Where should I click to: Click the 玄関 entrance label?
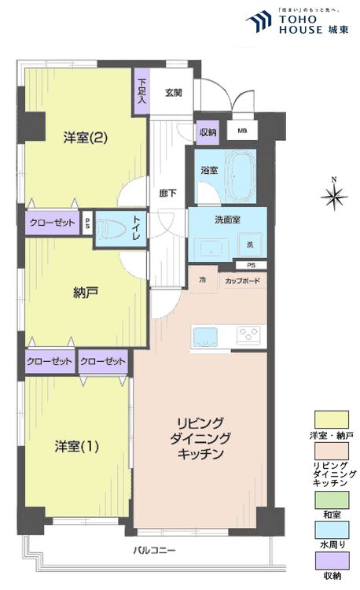tap(174, 93)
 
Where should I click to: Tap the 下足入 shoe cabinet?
tap(141, 92)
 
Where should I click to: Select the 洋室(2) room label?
tap(86, 138)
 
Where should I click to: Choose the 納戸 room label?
tap(86, 293)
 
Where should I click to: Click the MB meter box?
tap(241, 132)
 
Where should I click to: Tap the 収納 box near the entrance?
tap(208, 132)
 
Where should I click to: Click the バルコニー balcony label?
tap(154, 549)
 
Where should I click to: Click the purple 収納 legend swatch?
tap(332, 561)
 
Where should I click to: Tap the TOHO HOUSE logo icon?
tap(258, 21)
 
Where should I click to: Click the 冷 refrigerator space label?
tap(202, 281)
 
